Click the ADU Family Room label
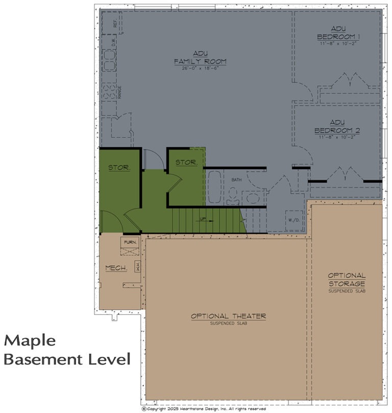[x=200, y=58]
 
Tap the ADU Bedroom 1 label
[x=338, y=32]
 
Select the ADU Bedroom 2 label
[x=337, y=126]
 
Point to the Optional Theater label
[x=228, y=316]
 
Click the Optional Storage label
[x=347, y=279]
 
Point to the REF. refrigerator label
[x=115, y=23]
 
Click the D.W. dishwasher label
[x=114, y=42]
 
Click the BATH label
[x=236, y=180]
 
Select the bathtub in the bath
[x=214, y=187]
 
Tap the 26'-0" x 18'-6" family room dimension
[x=200, y=68]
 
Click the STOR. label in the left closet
[x=119, y=168]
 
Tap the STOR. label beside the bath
[x=186, y=163]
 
